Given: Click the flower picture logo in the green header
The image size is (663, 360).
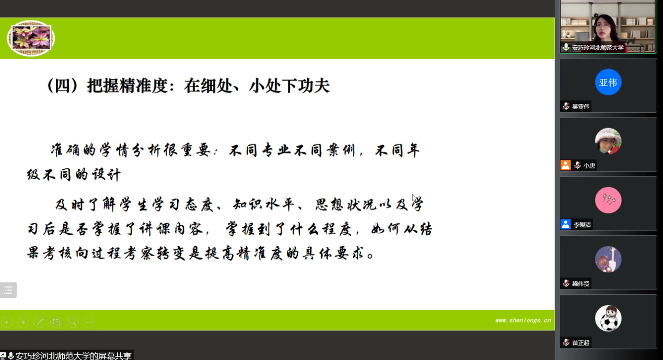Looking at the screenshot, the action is tap(31, 38).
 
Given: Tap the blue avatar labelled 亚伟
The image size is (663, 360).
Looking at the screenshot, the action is tap(608, 82).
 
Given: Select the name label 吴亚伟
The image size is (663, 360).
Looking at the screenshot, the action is tap(580, 106).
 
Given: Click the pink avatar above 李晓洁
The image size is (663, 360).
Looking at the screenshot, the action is tap(608, 200).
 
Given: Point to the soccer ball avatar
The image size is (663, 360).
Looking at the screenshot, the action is tap(608, 318).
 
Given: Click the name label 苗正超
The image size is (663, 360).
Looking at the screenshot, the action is tap(580, 343).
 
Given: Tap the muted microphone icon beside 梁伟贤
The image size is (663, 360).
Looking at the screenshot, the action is tap(566, 283).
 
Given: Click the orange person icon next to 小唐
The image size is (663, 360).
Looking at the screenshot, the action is tap(565, 165).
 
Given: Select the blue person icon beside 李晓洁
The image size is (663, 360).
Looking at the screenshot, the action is tap(565, 224).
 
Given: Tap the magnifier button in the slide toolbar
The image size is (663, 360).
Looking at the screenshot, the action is tap(73, 322).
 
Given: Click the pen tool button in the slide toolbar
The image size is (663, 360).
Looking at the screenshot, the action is tap(40, 322).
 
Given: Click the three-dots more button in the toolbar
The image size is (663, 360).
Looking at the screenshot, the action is tap(89, 322).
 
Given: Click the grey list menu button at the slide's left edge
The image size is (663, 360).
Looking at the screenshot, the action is tap(8, 290).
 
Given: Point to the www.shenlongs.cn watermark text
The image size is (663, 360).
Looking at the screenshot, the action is tap(522, 320).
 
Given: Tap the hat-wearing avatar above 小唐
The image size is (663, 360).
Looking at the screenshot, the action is tap(608, 141).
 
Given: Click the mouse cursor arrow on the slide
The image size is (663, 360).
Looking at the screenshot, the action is tap(414, 198).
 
